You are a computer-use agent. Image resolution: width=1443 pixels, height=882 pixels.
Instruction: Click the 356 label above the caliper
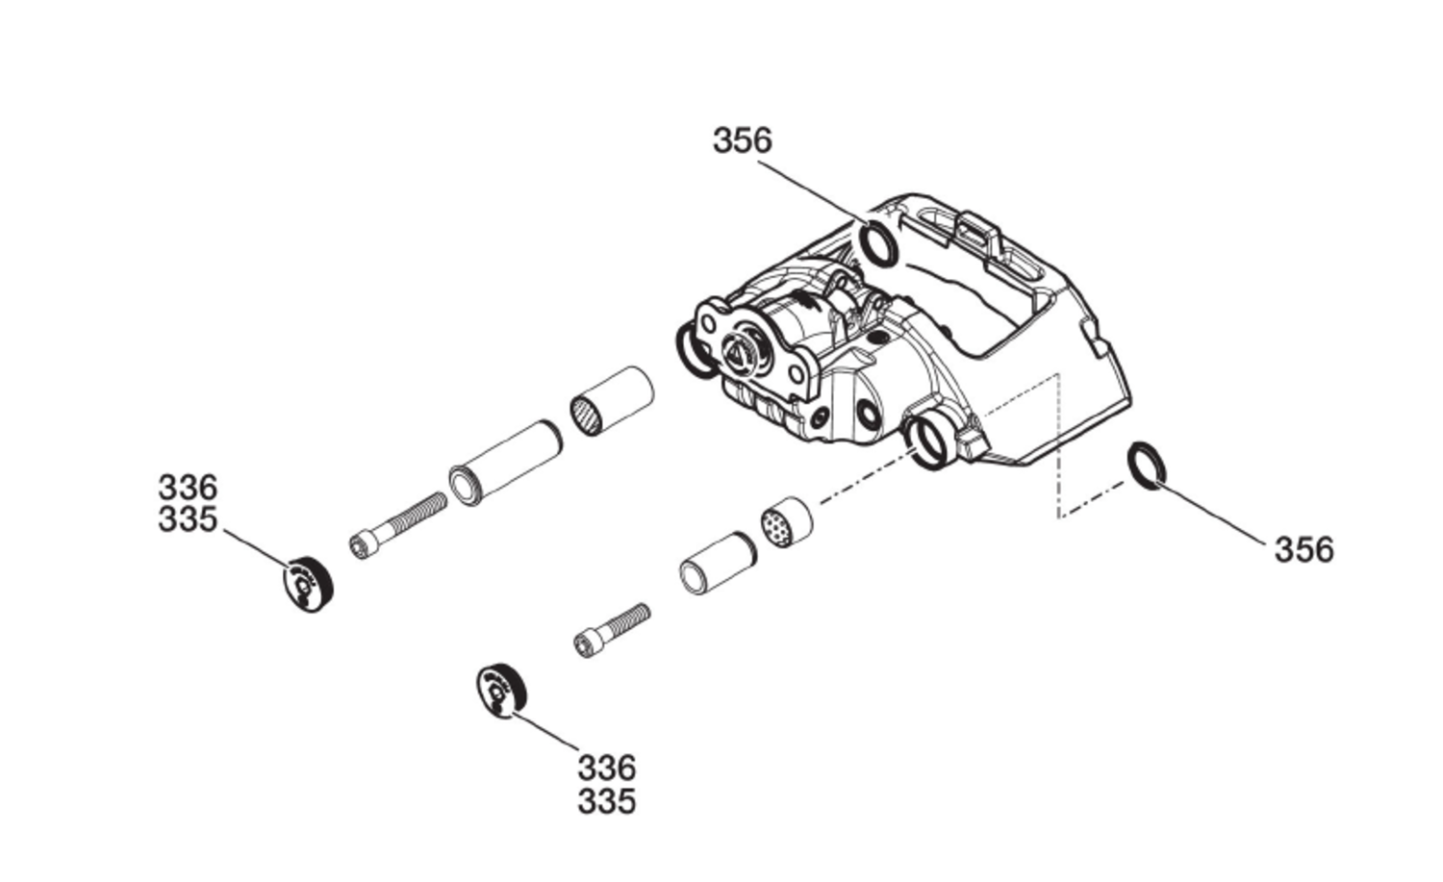[742, 140]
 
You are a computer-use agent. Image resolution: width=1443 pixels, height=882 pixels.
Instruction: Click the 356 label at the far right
[1304, 550]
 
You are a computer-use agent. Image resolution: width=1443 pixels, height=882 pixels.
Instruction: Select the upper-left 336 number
[188, 488]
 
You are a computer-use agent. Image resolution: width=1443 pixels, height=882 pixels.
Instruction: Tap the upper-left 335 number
[188, 519]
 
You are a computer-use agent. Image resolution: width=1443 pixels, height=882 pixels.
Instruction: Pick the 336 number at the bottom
[607, 768]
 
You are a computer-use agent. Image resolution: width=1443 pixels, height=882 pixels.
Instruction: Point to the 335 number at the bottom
[607, 802]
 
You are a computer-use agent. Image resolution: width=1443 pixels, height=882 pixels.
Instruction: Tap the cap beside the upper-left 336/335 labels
[309, 585]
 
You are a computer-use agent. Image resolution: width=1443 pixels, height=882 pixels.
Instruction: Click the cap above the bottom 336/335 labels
[501, 691]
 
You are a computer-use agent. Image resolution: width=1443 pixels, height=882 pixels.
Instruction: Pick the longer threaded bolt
[398, 526]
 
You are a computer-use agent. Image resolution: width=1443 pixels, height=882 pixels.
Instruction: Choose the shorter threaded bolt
[612, 631]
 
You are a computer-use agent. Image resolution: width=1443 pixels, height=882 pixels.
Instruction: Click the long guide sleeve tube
[506, 463]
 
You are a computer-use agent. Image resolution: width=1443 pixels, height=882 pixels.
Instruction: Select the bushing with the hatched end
[612, 401]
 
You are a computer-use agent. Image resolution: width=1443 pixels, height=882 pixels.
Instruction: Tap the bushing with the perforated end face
[787, 522]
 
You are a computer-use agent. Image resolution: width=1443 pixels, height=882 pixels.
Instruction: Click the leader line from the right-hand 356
[1211, 515]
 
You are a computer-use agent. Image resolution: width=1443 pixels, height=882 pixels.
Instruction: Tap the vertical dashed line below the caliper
[1058, 446]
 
